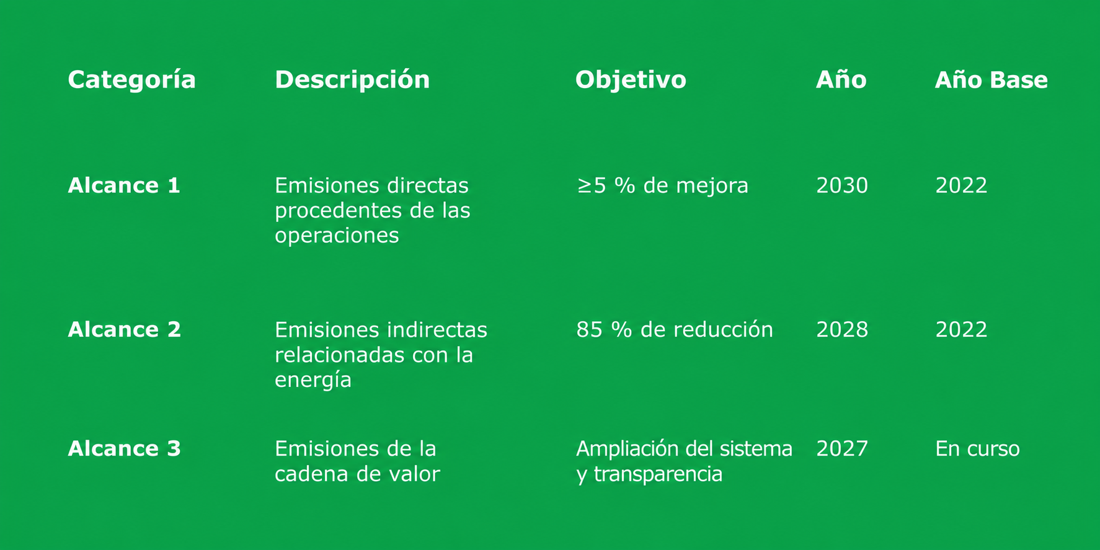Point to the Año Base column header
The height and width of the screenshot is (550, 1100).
click(x=991, y=79)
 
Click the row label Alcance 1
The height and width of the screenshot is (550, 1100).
click(x=124, y=185)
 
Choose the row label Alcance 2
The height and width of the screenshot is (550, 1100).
click(x=124, y=329)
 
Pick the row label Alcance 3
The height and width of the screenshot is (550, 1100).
click(x=124, y=448)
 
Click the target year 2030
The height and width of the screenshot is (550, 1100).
click(x=842, y=185)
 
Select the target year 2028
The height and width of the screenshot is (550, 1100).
click(x=842, y=329)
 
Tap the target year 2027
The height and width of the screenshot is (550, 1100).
click(x=842, y=448)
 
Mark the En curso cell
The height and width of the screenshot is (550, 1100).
click(x=977, y=448)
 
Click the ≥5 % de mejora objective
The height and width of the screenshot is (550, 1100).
click(x=662, y=185)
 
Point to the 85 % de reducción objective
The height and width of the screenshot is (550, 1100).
click(x=675, y=329)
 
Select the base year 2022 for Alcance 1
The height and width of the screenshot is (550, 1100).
click(x=961, y=185)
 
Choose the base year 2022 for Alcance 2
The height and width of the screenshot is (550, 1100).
click(x=961, y=329)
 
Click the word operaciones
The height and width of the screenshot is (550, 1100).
click(x=337, y=236)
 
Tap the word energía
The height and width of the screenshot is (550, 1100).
click(x=313, y=380)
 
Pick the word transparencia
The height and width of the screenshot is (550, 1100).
click(x=658, y=474)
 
